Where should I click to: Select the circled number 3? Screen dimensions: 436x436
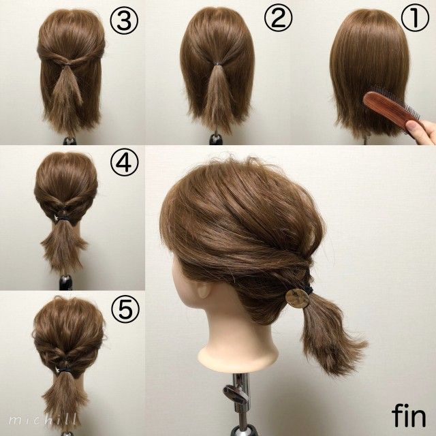coord(128,21)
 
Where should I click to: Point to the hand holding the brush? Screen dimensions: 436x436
coord(425,129)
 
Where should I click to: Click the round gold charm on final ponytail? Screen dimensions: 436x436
coord(296,298)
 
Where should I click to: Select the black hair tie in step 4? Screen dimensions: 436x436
coord(65,217)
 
